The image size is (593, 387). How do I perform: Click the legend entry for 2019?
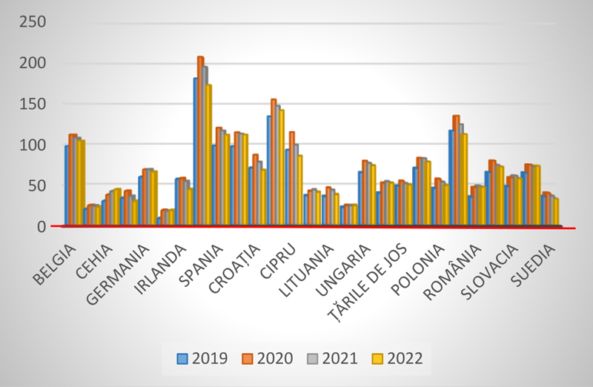point(202,358)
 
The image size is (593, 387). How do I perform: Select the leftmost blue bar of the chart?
point(66,185)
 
